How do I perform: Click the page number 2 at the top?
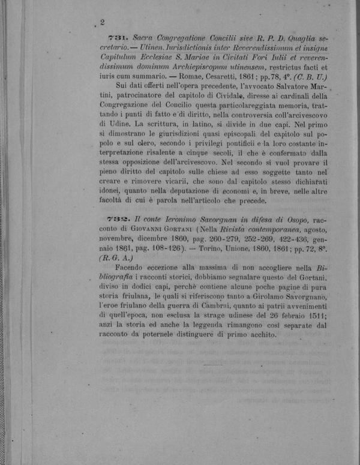click(103, 23)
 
